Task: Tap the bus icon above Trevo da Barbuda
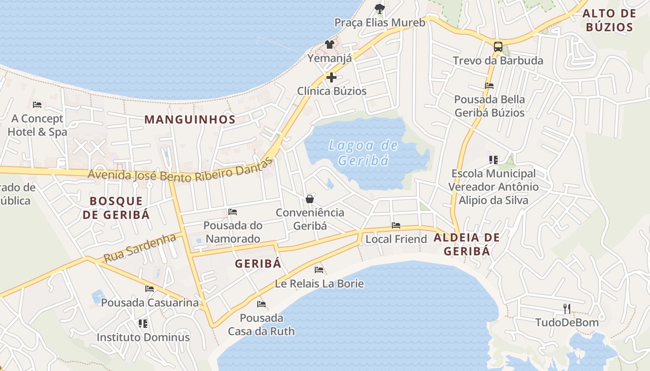click(498, 46)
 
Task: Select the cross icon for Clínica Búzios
click(331, 77)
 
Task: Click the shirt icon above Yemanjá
click(329, 45)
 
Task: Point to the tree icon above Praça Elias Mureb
click(379, 8)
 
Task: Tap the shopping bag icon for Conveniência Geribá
click(310, 199)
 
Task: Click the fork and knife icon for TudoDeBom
click(566, 308)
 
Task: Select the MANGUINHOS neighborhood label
click(190, 119)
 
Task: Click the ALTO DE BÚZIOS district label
click(609, 20)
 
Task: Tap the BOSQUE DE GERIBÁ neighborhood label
click(120, 208)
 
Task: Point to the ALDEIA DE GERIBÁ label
click(467, 244)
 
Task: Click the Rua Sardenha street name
click(140, 248)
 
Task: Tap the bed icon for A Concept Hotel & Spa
click(37, 105)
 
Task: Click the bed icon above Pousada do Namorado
click(233, 212)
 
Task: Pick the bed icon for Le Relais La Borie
click(319, 269)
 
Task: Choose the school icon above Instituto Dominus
click(143, 323)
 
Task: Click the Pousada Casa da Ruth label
click(261, 325)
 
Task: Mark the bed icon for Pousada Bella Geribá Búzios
click(489, 85)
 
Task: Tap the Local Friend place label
click(396, 239)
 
